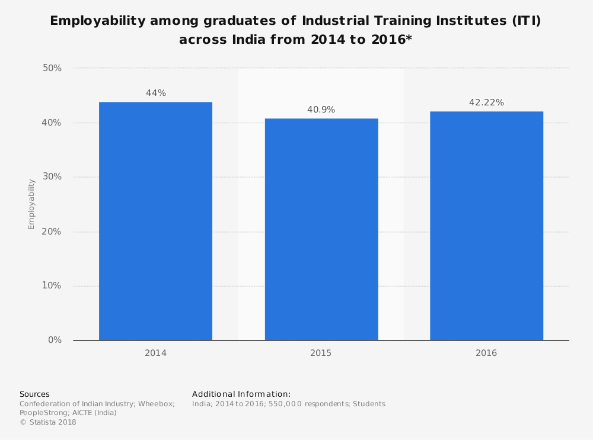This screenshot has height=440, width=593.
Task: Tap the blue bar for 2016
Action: point(486,226)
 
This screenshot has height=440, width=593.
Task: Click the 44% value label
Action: point(156,93)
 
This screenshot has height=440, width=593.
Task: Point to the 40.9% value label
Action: point(321,110)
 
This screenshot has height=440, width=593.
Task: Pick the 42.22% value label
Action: point(486,102)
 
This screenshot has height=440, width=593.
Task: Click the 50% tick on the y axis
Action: point(52,68)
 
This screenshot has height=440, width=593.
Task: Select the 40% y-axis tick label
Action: point(52,123)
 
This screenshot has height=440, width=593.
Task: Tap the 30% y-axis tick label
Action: point(52,177)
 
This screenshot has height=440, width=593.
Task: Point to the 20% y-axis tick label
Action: point(52,232)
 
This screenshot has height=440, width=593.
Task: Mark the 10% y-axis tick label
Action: point(52,285)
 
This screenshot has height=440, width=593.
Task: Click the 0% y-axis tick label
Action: point(55,340)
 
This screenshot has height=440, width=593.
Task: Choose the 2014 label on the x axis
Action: point(155,353)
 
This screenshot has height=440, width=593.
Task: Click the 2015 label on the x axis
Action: point(321,353)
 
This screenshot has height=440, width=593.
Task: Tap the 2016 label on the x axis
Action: point(486,353)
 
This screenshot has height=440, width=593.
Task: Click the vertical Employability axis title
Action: point(31,204)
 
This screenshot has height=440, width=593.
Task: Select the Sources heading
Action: point(34,394)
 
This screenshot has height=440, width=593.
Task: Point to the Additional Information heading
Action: point(241,394)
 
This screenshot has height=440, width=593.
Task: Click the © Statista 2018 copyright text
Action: point(48,422)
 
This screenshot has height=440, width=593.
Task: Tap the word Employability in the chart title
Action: point(97,21)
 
